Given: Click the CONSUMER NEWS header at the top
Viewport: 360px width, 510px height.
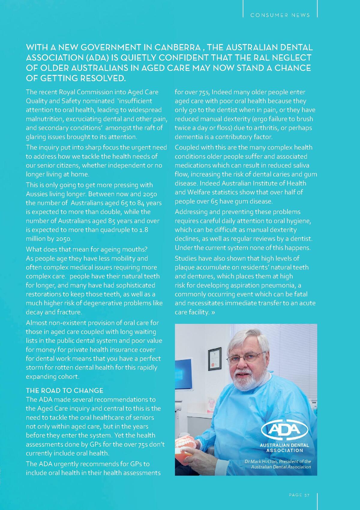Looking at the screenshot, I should (x=280, y=15).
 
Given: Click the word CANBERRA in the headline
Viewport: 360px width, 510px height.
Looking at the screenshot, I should (x=178, y=47).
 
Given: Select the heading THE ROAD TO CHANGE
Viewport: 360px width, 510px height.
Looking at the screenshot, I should (x=64, y=391).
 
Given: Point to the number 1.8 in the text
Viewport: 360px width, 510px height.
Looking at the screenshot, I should (x=144, y=230).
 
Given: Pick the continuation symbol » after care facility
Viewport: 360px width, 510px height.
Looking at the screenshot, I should (x=213, y=312).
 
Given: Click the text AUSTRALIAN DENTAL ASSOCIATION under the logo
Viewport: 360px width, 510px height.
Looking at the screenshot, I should (x=284, y=448).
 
